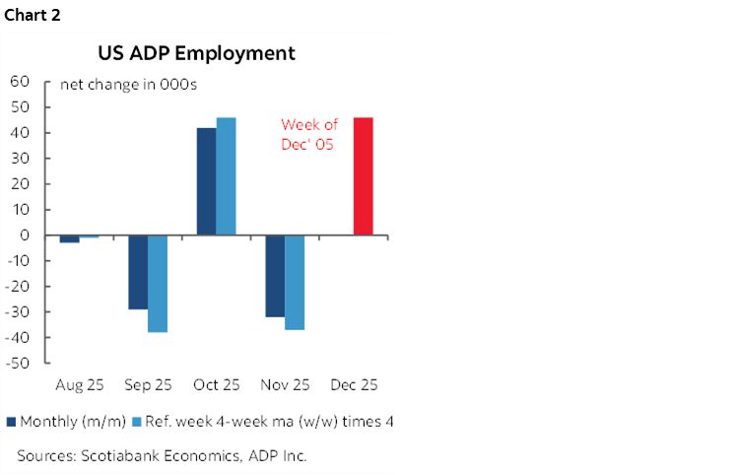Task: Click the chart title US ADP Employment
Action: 195,53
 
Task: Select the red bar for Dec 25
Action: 363,176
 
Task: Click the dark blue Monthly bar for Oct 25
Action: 207,181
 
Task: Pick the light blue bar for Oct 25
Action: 227,176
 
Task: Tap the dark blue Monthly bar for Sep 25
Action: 138,272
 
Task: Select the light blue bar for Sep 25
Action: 158,284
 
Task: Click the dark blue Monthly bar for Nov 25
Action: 275,276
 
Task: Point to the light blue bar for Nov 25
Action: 295,283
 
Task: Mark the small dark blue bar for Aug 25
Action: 69,239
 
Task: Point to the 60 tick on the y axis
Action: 21,82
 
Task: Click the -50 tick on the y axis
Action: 19,364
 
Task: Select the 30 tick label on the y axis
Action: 21,159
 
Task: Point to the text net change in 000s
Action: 128,85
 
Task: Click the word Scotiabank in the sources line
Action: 122,455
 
